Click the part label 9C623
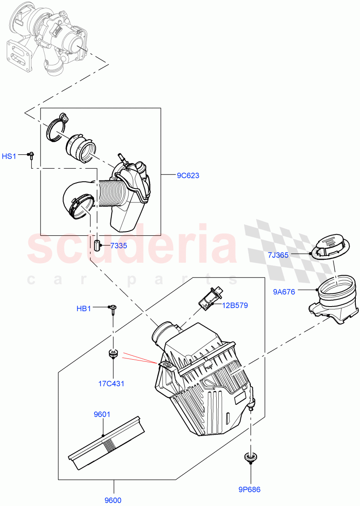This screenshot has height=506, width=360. pos(188,175)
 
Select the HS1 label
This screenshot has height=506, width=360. pos(9,156)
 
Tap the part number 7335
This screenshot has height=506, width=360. pos(118,245)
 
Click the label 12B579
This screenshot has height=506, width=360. pos(236,305)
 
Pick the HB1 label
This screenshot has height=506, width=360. pos(84,309)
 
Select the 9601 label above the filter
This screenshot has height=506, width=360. pos(102,414)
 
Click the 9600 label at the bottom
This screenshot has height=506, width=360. pos(113,500)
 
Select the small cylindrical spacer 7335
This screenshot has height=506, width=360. pos(97,245)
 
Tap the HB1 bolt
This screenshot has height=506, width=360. pos(113,310)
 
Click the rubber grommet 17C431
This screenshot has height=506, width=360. pos(113,353)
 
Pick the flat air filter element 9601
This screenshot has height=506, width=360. pos(107,443)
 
